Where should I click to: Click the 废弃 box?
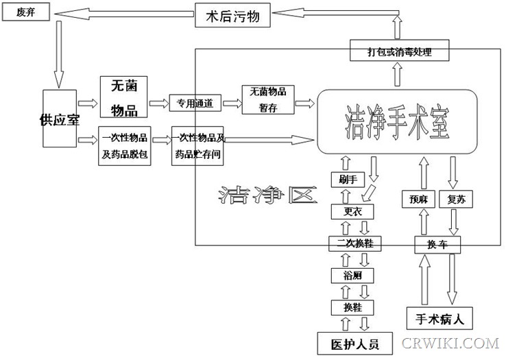click(x=25, y=12)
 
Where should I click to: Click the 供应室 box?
click(x=60, y=119)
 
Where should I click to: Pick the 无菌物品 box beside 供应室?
click(x=124, y=97)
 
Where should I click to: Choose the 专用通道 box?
click(x=195, y=104)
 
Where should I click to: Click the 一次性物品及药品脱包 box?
click(x=125, y=145)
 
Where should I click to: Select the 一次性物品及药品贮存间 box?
click(x=198, y=145)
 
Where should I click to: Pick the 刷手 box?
click(x=348, y=180)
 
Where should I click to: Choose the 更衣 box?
click(x=352, y=212)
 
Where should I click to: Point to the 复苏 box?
click(x=455, y=200)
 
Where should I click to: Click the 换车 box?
click(x=437, y=244)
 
